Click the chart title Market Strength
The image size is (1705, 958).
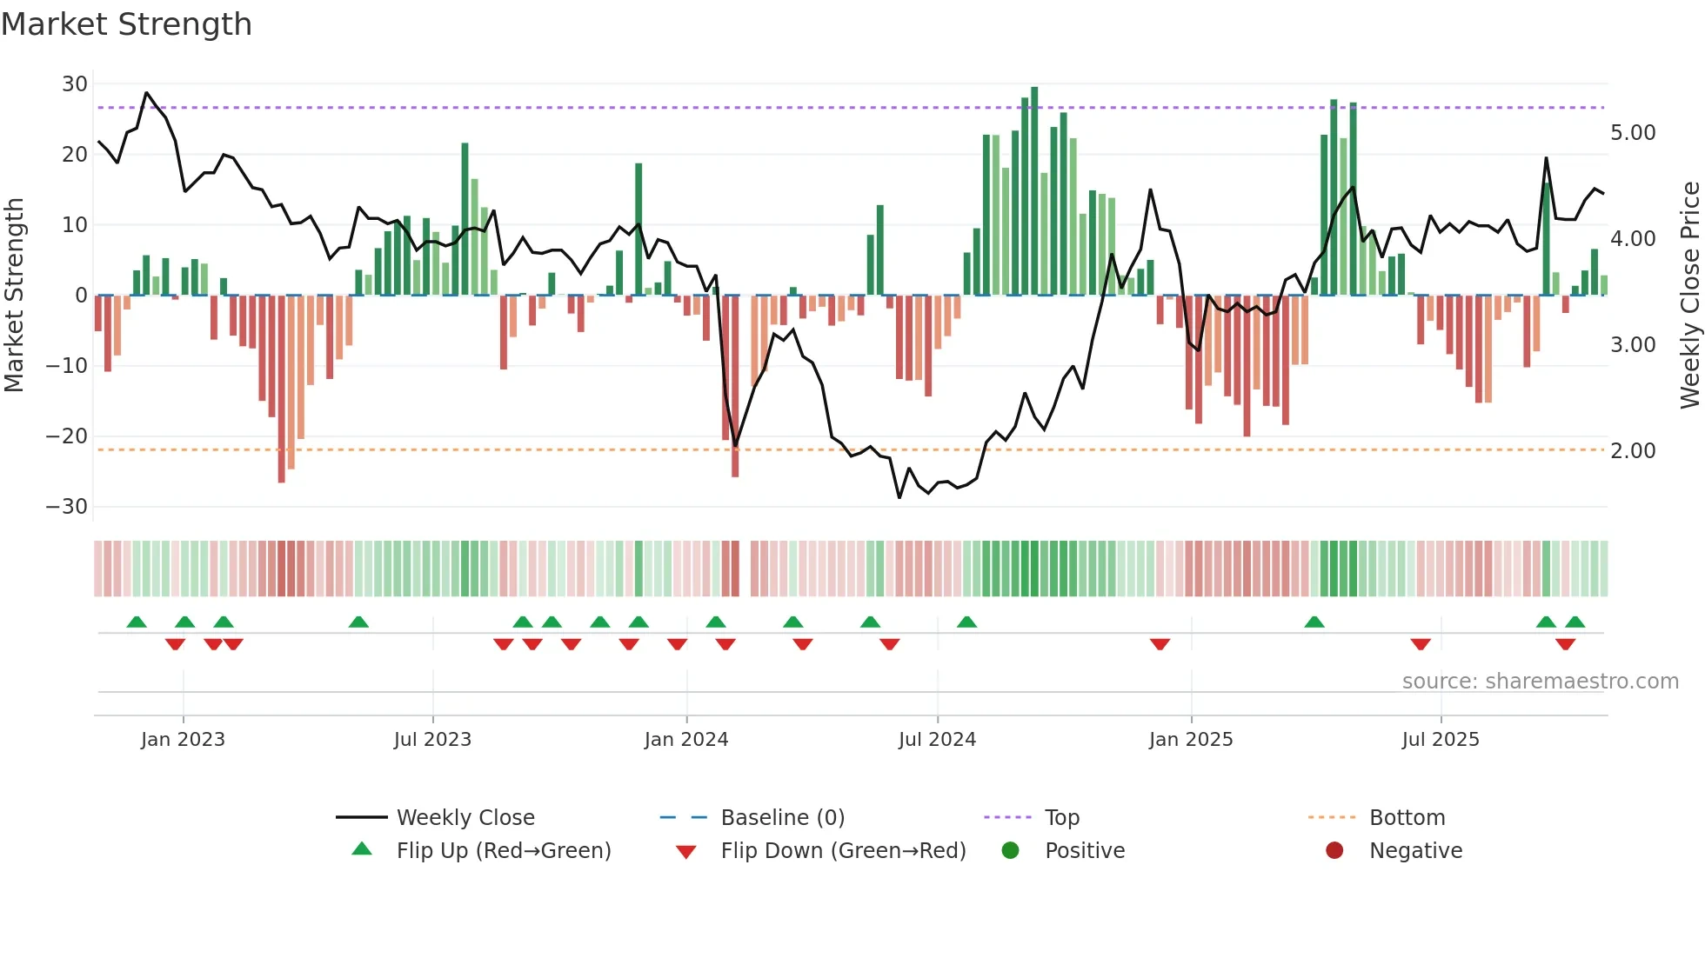coord(126,24)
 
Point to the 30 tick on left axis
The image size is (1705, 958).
coord(75,84)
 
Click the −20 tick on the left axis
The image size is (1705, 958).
coord(68,436)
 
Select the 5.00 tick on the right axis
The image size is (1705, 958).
coord(1633,133)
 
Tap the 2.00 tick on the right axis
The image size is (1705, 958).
coord(1633,451)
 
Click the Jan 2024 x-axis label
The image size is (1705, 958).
coord(685,740)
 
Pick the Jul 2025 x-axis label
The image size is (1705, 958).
coord(1440,740)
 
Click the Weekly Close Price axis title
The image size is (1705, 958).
coord(1689,296)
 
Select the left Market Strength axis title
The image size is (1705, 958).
coord(14,296)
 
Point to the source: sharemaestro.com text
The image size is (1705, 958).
coord(1540,682)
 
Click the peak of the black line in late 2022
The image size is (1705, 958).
coord(146,93)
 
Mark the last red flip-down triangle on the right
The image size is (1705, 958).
coord(1565,644)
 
